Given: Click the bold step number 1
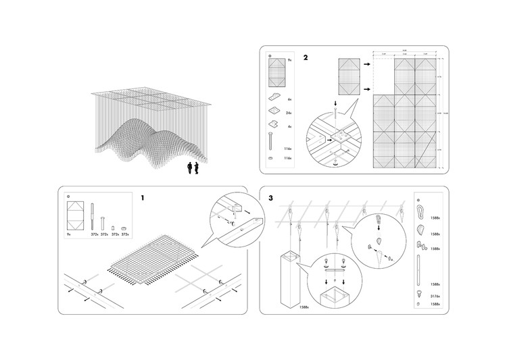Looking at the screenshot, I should [x=143, y=198].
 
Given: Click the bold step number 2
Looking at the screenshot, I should [x=306, y=57].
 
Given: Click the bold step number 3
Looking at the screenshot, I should [x=271, y=198].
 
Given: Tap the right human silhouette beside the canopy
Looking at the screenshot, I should [x=196, y=167].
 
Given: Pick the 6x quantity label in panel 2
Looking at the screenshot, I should [x=289, y=98].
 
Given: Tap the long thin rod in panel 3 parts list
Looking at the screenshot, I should [x=420, y=266].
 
